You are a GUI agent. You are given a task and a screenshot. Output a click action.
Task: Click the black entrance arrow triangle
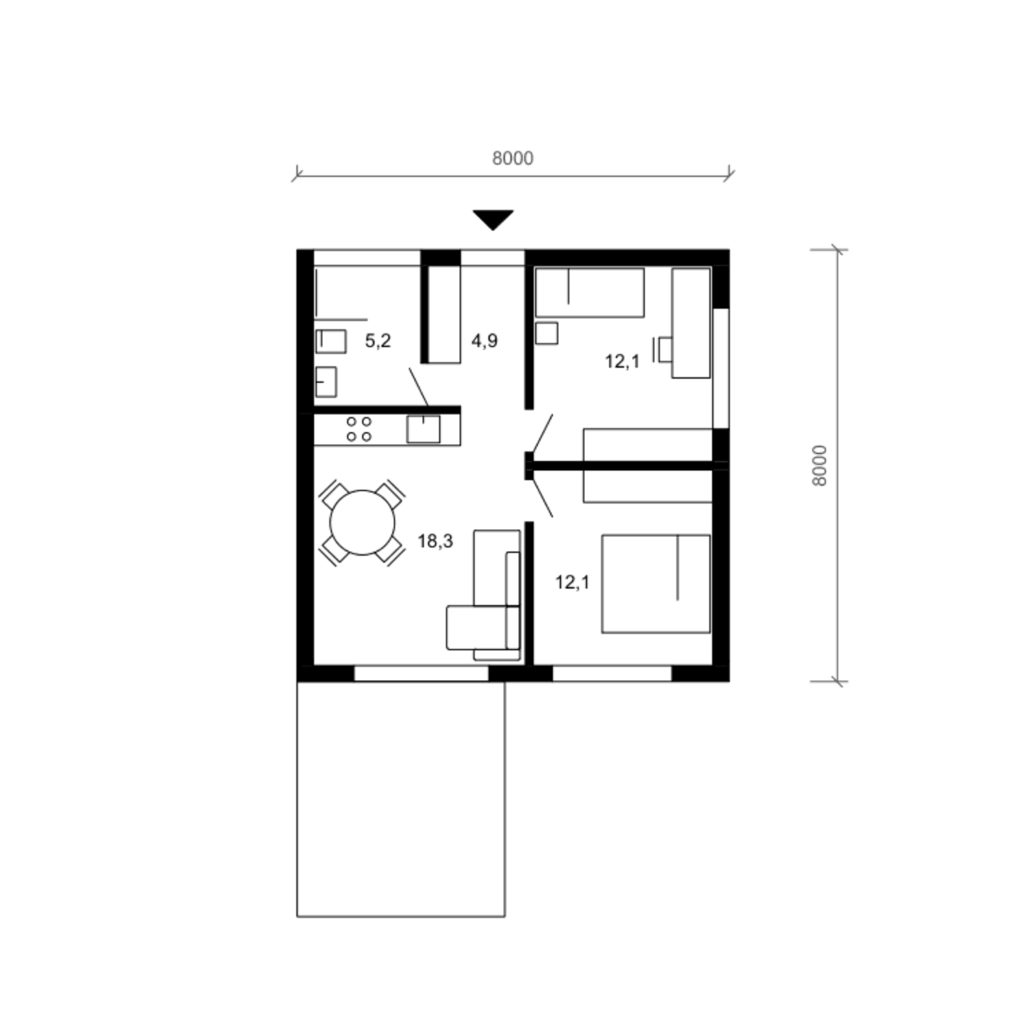[493, 219]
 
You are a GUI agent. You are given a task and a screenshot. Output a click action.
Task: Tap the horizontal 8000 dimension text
[512, 158]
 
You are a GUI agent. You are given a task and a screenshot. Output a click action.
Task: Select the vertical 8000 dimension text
[820, 466]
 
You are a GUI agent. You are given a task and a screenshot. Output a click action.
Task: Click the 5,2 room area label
[378, 341]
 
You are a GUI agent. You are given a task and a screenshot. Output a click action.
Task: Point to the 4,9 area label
[484, 341]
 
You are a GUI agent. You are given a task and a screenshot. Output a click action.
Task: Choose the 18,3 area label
[436, 541]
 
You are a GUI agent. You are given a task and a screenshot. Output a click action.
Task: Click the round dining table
[362, 523]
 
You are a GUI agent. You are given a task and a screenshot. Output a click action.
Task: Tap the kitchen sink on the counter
[423, 429]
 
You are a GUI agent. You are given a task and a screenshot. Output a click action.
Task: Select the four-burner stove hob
[359, 429]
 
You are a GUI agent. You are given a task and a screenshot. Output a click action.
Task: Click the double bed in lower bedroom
[656, 584]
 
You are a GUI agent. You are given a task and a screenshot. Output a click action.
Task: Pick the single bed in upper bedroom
[590, 293]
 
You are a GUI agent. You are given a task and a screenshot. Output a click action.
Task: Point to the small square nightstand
[547, 333]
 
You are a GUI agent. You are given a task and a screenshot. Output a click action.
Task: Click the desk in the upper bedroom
[691, 323]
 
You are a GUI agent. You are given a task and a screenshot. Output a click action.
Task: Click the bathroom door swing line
[419, 387]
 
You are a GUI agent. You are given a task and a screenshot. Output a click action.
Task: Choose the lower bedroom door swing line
[542, 496]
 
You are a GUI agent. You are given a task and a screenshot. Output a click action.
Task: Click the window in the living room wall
[421, 674]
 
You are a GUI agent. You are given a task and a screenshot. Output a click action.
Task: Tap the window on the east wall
[720, 368]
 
